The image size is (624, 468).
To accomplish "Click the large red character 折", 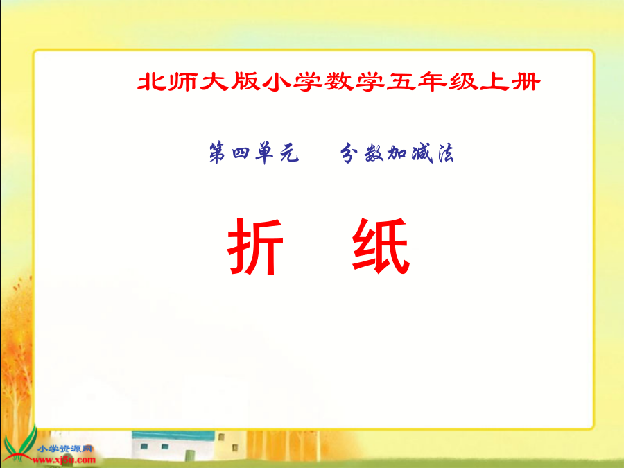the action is tap(255, 246).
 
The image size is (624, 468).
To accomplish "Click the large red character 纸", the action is tap(381, 245).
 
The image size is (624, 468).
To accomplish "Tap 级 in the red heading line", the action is tap(464, 82).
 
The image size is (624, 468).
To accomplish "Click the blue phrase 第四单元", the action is tap(254, 153).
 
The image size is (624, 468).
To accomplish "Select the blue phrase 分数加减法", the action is tap(397, 153).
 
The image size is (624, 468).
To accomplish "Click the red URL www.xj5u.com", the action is tap(64, 460).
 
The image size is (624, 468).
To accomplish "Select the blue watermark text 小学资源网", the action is tap(65, 449).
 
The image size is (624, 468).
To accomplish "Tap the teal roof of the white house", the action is tap(173, 435).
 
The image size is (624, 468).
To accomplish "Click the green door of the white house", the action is tap(190, 456).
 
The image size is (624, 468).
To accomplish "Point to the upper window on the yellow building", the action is tap(221, 437).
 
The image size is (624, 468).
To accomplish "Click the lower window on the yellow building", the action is tap(235, 448).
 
